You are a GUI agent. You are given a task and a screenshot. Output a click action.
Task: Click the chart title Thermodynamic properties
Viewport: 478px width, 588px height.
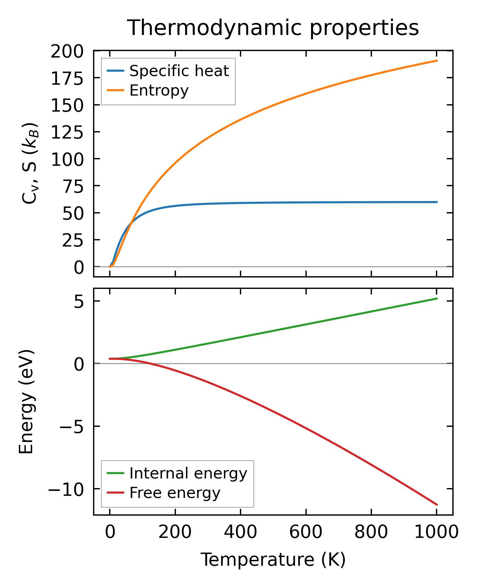click(273, 28)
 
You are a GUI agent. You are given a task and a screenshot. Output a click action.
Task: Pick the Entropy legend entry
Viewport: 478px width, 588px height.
click(159, 91)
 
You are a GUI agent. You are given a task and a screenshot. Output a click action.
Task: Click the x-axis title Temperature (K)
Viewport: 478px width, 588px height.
click(273, 560)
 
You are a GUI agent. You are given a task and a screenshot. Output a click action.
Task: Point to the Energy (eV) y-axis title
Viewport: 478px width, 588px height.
click(26, 402)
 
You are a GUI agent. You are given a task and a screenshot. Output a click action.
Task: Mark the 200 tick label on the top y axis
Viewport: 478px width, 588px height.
click(67, 52)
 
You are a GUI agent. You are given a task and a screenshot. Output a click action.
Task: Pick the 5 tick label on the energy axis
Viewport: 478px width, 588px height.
click(79, 302)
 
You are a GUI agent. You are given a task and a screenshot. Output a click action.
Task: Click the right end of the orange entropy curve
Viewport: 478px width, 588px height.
click(437, 61)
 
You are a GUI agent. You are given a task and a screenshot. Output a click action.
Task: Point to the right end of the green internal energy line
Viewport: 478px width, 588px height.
click(437, 298)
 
